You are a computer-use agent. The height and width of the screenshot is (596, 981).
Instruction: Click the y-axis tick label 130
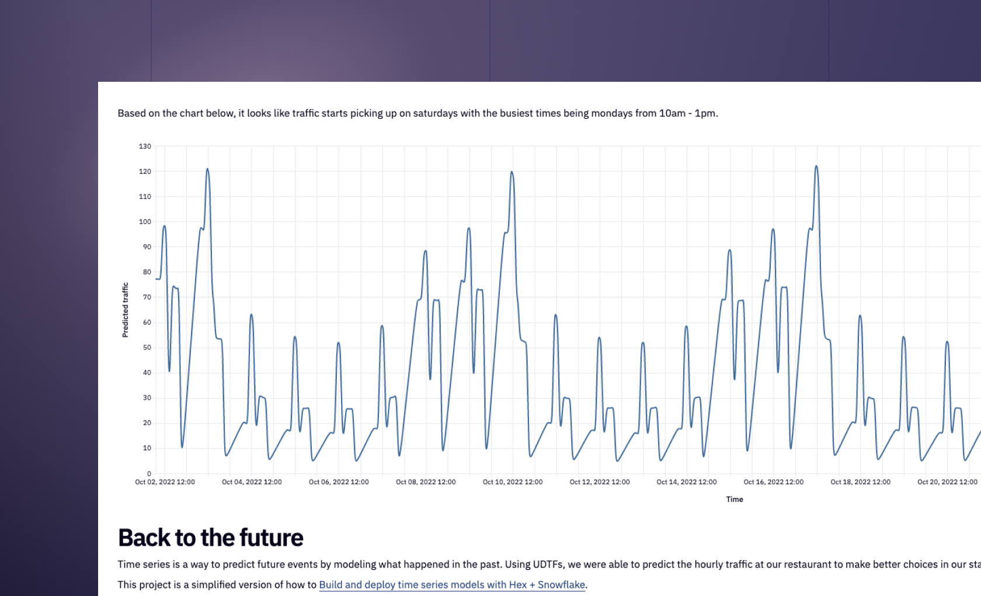tap(145, 146)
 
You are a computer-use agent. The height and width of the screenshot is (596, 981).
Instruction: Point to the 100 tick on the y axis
tap(145, 221)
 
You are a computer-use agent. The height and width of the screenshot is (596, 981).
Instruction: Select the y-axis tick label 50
tap(147, 347)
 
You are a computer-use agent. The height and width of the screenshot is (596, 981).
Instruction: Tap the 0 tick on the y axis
tap(149, 474)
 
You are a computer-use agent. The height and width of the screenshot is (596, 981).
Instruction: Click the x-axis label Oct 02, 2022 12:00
tap(165, 482)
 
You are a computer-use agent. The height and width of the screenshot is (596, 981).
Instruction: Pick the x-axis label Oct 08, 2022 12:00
tap(426, 482)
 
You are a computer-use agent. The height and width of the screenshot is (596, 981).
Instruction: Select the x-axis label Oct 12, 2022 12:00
tap(600, 482)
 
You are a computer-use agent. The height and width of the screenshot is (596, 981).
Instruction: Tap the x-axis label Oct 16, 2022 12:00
tap(773, 482)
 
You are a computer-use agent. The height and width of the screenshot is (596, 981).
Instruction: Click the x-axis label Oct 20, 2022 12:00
tap(947, 482)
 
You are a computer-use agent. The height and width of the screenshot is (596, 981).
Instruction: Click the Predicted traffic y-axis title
tap(125, 310)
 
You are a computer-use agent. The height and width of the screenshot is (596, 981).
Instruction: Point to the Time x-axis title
tap(735, 499)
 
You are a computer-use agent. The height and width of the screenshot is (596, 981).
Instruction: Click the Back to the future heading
tap(211, 538)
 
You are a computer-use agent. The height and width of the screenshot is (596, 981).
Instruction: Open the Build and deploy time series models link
tap(452, 584)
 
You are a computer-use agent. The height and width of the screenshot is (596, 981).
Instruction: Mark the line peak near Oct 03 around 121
tap(207, 169)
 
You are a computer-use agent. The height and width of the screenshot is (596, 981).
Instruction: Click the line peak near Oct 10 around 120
tap(512, 172)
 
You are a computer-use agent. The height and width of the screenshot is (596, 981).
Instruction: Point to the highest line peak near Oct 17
tap(816, 166)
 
